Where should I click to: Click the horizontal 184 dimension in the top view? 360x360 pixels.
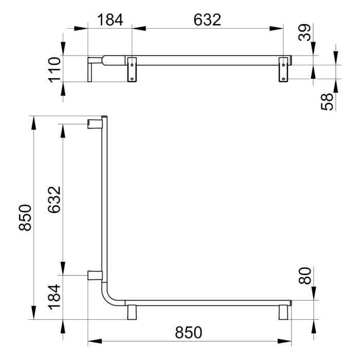coord(110,21)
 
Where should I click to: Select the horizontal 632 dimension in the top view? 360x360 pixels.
coord(207,21)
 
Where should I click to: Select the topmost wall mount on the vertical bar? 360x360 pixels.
coord(94,123)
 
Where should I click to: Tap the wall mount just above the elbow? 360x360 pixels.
coord(94,275)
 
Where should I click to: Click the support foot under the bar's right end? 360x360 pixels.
coord(284,312)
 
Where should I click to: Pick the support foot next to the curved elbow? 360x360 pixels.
coord(132,312)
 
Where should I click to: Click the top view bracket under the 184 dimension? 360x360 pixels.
coord(132,68)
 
